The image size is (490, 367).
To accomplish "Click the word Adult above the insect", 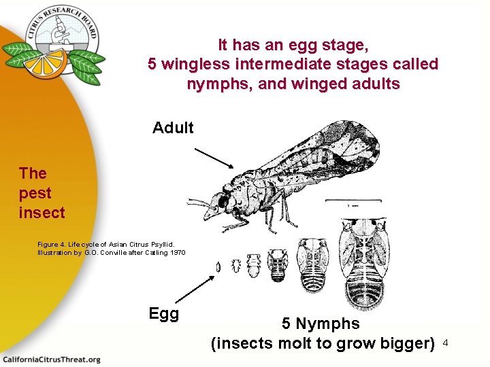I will pos(173,128).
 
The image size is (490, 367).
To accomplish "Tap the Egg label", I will pos(164,313).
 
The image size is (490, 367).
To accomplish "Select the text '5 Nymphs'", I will pos(321,324).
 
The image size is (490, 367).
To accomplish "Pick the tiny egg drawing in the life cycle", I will pos(218,267).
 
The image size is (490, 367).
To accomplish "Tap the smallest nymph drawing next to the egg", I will pos(235,264).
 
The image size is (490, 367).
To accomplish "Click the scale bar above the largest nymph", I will pos(352,200).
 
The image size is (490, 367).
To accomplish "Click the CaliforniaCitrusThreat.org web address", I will pos(51,359).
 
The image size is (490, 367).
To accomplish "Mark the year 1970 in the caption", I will pos(176,253).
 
